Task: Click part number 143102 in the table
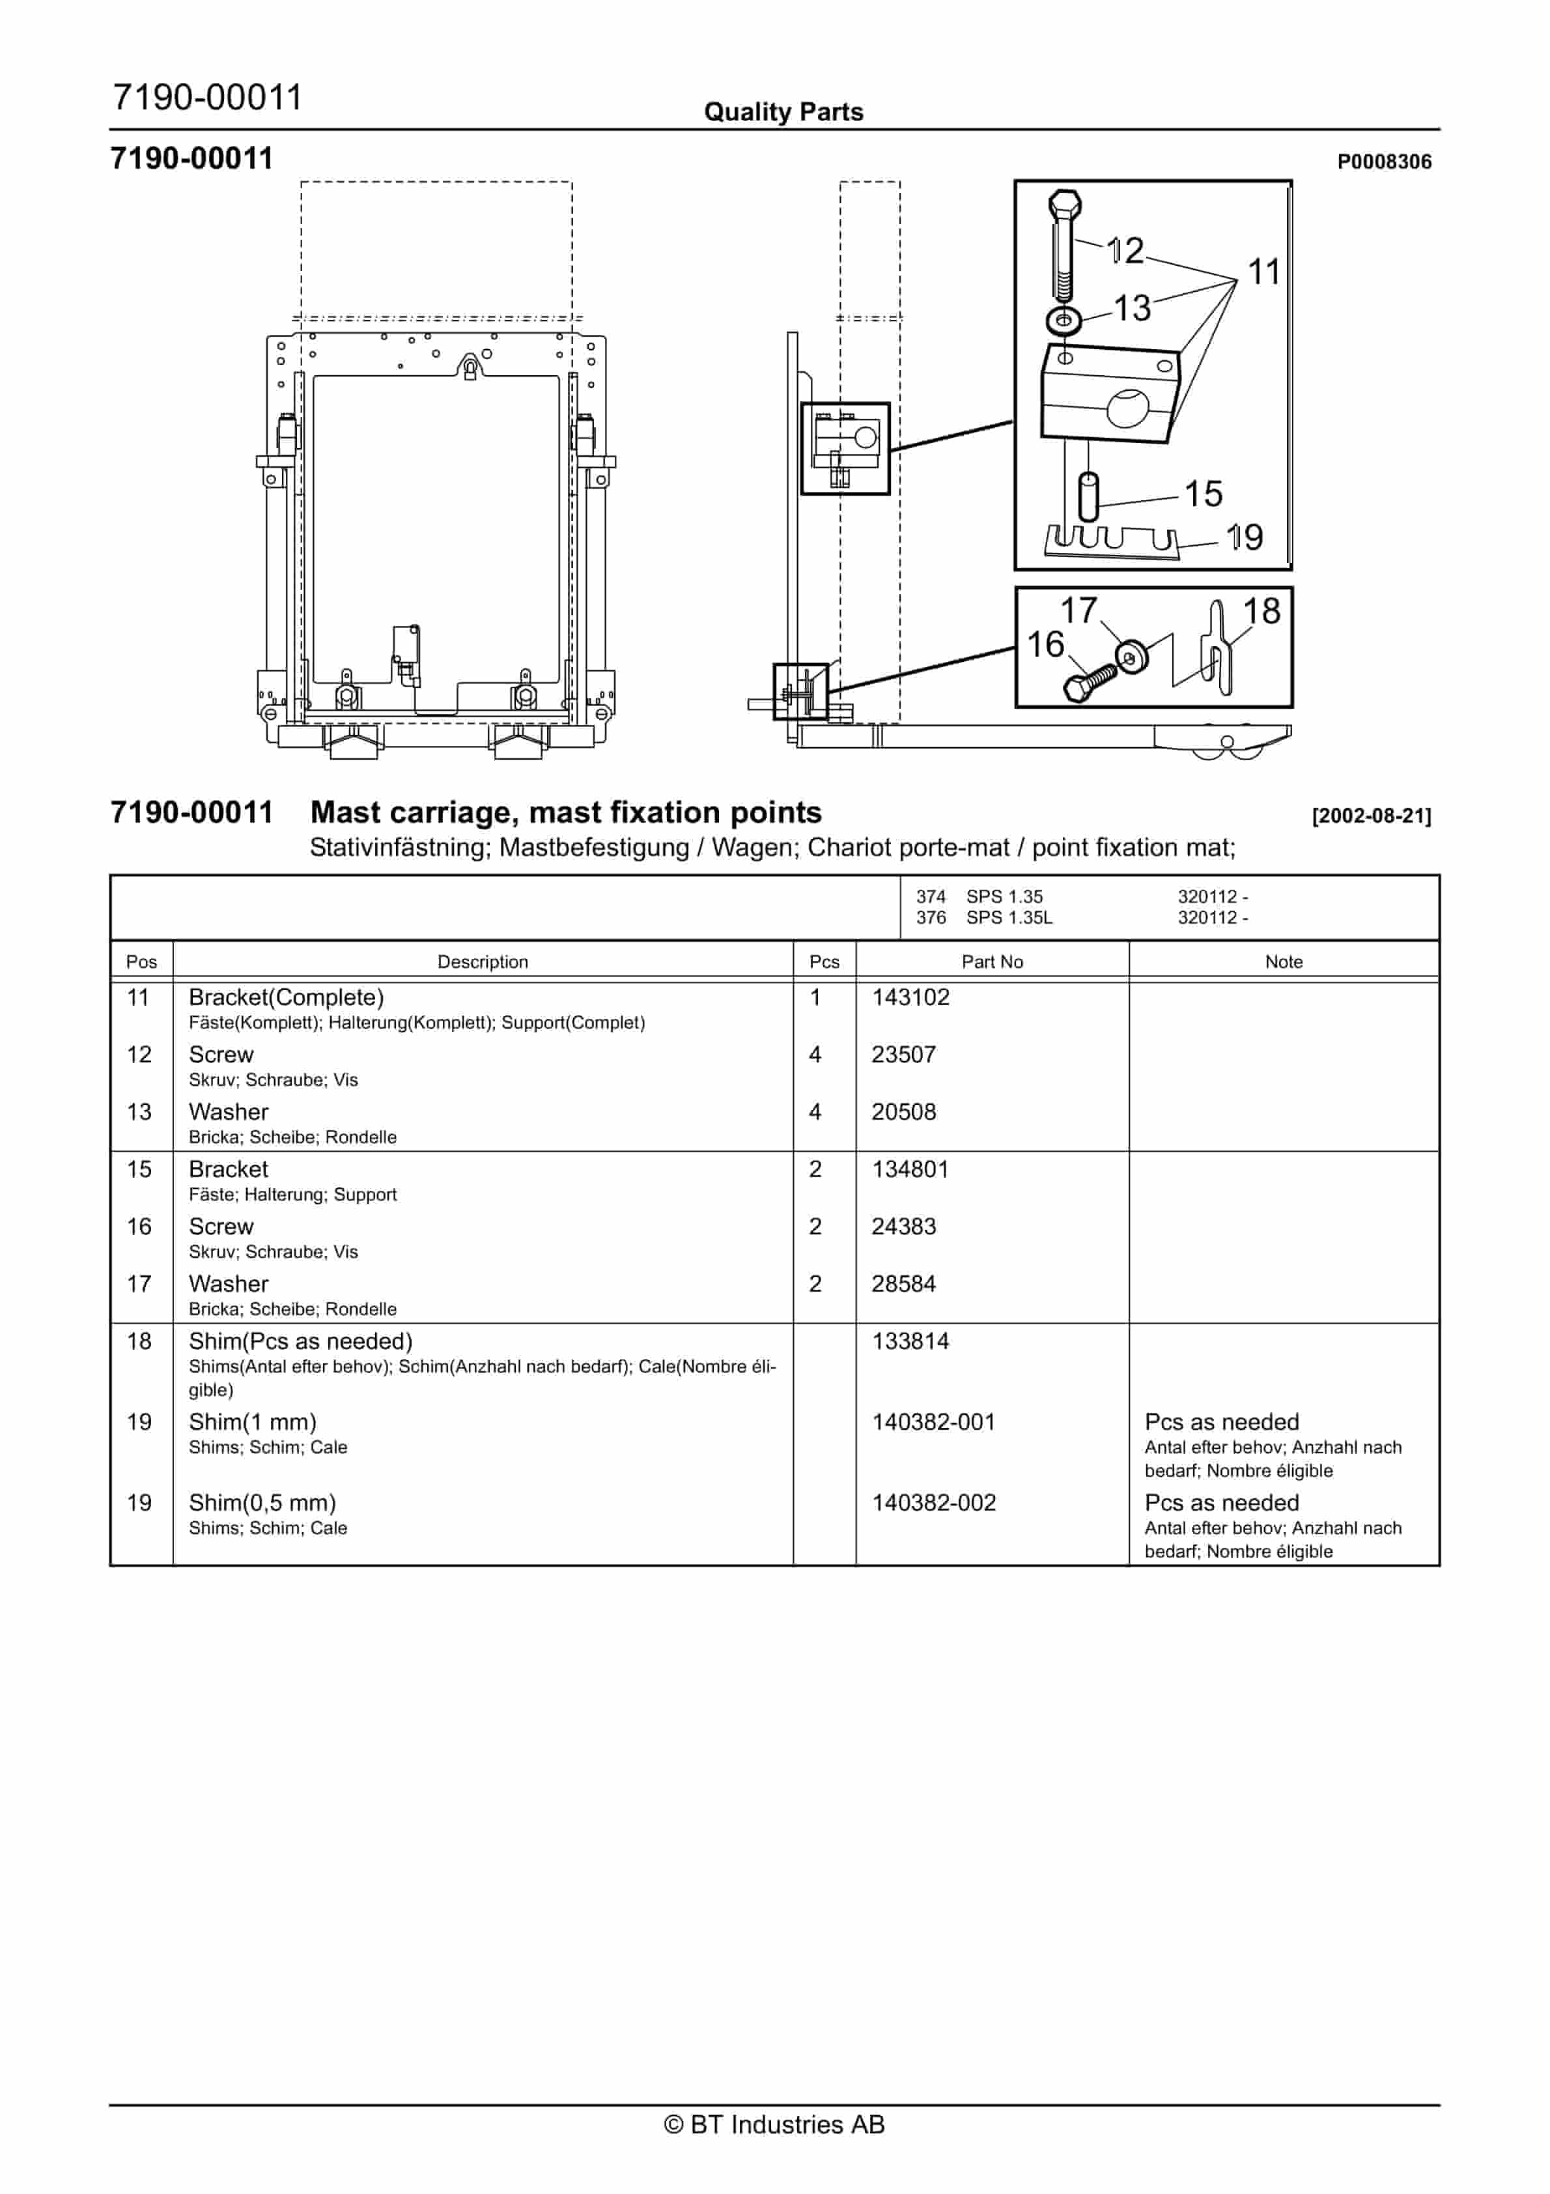(x=910, y=997)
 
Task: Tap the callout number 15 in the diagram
(x=1203, y=493)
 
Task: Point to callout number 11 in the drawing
(x=1263, y=272)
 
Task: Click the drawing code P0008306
(x=1383, y=162)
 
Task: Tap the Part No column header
(x=991, y=962)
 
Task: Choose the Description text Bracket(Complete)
(x=286, y=997)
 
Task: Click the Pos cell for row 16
(x=139, y=1226)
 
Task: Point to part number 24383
(x=903, y=1226)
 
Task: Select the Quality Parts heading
(x=783, y=112)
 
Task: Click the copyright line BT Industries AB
(x=774, y=2124)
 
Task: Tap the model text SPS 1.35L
(x=1008, y=917)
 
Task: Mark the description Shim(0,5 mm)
(x=262, y=1502)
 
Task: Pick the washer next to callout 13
(x=1063, y=320)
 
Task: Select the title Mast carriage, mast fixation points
(x=566, y=812)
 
